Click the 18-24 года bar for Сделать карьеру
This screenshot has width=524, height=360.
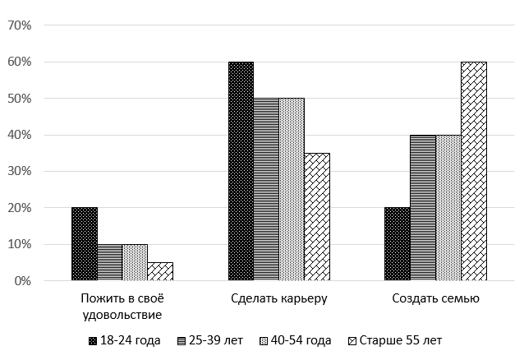[241, 171]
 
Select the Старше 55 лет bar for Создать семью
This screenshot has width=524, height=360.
[473, 171]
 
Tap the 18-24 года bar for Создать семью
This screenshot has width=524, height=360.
[397, 244]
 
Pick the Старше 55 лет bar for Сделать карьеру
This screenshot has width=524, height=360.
[317, 217]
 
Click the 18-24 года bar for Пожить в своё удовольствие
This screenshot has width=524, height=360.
[85, 244]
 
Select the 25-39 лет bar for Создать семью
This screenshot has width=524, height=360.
[422, 208]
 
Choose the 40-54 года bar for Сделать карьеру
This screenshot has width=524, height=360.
[292, 189]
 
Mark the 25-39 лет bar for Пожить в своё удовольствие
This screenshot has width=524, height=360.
[110, 262]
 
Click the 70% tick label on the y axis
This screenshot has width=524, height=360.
[19, 25]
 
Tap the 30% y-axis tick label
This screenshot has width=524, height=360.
[19, 172]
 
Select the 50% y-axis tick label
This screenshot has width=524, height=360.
[19, 99]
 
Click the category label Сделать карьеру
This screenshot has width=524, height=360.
[278, 298]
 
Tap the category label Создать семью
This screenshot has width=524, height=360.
[435, 298]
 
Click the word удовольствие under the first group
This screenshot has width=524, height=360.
[122, 314]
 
